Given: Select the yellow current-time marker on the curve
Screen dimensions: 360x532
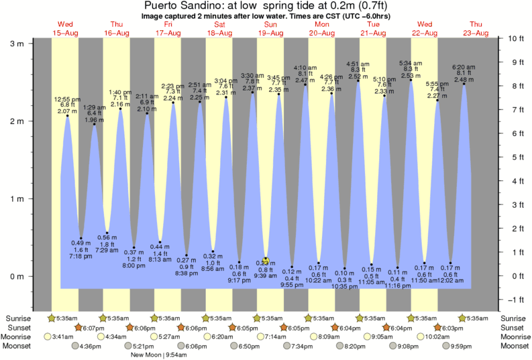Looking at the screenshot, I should [x=266, y=260].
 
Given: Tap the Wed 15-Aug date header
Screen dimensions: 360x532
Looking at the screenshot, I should [x=65, y=29].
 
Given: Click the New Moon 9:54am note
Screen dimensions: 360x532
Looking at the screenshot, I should [x=158, y=355].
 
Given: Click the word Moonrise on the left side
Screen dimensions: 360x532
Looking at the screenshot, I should [x=20, y=337].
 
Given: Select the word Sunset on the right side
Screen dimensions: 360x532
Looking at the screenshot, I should [x=513, y=327].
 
